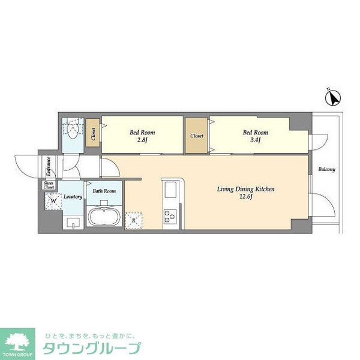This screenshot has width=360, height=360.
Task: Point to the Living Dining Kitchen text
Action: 245,190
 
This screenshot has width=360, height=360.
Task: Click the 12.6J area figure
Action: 245,198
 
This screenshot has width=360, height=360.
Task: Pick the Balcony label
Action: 327,169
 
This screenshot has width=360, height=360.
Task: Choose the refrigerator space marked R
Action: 133,221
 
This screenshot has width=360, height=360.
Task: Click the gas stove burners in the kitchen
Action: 170,216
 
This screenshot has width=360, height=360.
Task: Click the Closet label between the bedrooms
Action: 197,136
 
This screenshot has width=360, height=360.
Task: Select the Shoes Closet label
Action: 48,185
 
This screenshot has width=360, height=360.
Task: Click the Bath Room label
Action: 104,190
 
